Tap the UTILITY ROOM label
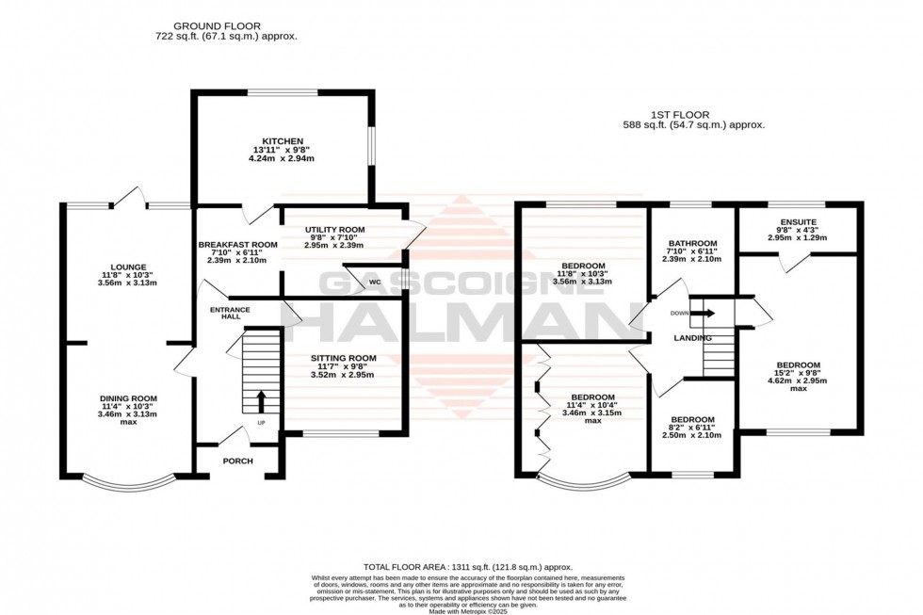click(x=327, y=230)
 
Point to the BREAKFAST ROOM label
click(x=237, y=245)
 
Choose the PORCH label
click(x=237, y=461)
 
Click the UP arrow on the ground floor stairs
click(x=261, y=403)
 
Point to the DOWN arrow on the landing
click(x=703, y=314)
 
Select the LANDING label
click(x=691, y=336)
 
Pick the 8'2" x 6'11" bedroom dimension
click(x=692, y=428)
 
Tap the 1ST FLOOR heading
click(x=692, y=113)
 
